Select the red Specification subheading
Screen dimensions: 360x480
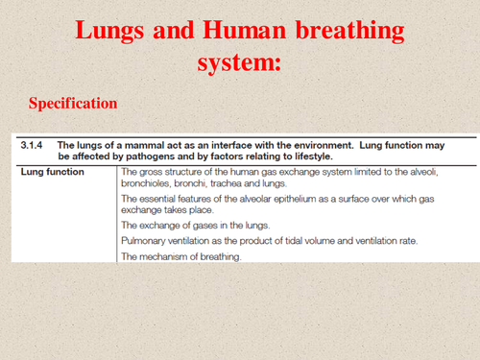[73, 103]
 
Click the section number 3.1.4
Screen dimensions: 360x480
[32, 144]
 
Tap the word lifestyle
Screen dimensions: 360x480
[311, 156]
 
